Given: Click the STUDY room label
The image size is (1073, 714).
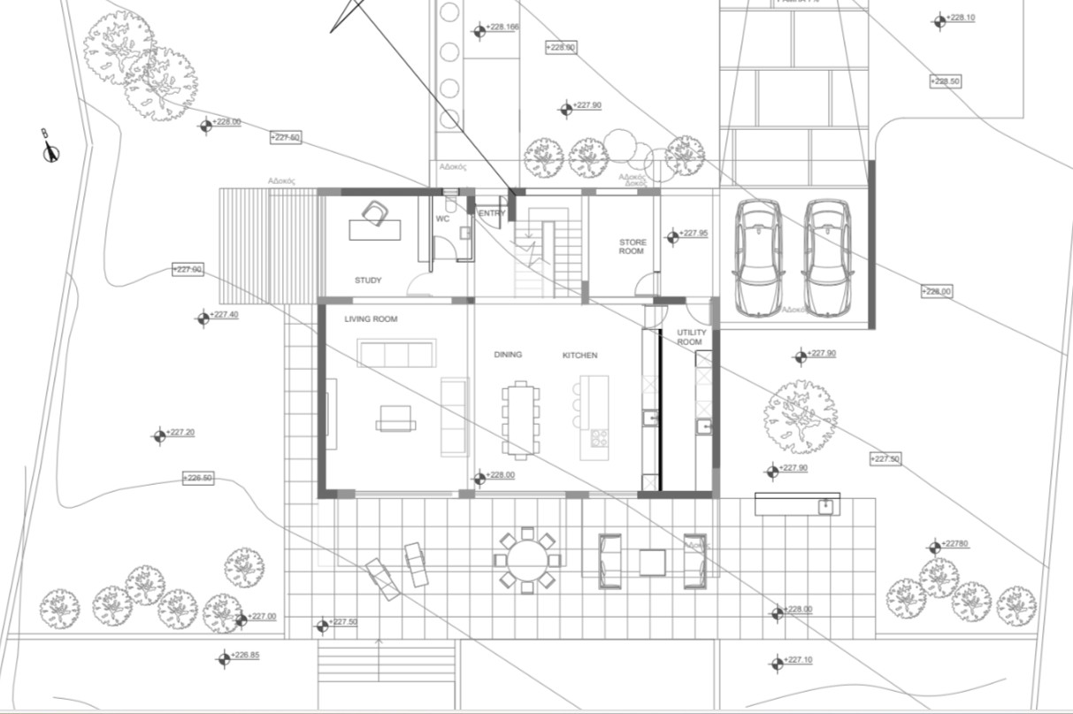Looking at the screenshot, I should [x=368, y=280].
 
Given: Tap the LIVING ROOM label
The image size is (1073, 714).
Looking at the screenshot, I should [x=371, y=319].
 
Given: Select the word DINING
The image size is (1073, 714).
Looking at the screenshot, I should [x=508, y=355].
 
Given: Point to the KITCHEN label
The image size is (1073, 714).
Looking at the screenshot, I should [x=579, y=355].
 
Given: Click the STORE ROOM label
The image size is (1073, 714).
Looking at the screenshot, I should [x=632, y=247].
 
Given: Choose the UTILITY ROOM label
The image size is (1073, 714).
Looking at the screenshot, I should [x=691, y=337].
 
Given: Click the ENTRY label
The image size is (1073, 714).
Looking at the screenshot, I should [x=492, y=213].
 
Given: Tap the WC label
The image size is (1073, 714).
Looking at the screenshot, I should [x=443, y=219].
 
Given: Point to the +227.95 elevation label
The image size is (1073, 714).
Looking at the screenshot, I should [x=694, y=234].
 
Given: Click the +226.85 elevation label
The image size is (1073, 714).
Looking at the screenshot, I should [x=246, y=656].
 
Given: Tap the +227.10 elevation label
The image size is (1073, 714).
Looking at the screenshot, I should [x=798, y=660].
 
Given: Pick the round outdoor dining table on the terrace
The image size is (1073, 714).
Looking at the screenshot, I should [x=528, y=559].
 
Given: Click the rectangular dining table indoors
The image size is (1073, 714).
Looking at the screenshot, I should [x=520, y=418].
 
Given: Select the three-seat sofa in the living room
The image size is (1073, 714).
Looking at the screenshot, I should [x=396, y=353].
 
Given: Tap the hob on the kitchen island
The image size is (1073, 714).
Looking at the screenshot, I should [x=599, y=436].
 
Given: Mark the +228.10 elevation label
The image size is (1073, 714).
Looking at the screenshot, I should [x=960, y=18].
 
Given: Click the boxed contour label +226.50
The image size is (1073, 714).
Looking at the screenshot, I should [x=197, y=478].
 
